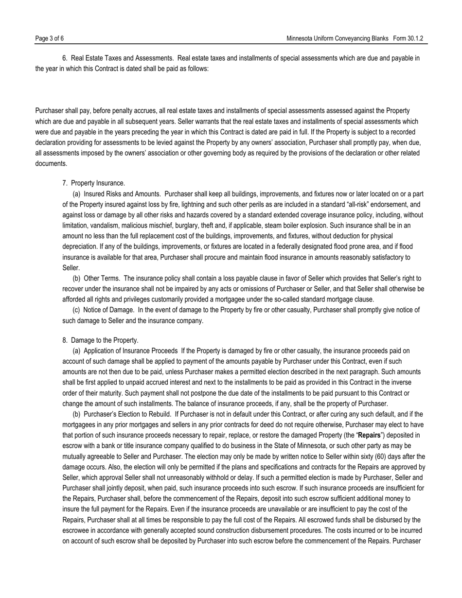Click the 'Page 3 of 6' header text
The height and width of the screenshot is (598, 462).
[50, 38]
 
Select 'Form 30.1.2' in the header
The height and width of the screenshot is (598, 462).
[409, 38]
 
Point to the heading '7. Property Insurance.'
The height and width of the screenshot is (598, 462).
[93, 183]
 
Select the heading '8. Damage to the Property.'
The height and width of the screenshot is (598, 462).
[100, 340]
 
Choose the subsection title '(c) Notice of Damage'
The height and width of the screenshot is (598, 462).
[103, 310]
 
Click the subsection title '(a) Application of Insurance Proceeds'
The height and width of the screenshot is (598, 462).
[125, 351]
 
